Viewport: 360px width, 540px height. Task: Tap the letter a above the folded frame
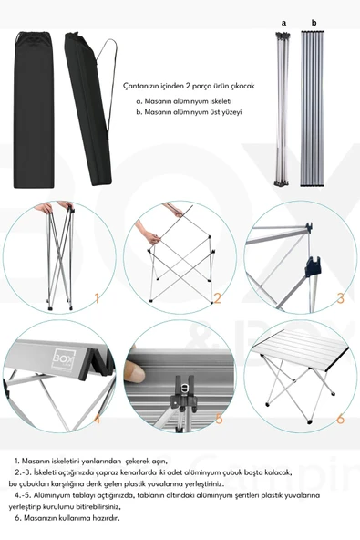pyautogui.click(x=283, y=21)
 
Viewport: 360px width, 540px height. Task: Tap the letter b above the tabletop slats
pyautogui.click(x=313, y=21)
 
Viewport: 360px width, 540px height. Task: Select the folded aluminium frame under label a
pyautogui.click(x=283, y=108)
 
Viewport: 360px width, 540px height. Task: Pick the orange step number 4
pyautogui.click(x=97, y=420)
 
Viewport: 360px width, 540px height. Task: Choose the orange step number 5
pyautogui.click(x=218, y=420)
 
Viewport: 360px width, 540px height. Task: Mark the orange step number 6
pyautogui.click(x=340, y=420)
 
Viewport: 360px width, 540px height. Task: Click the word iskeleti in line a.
pyautogui.click(x=219, y=100)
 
